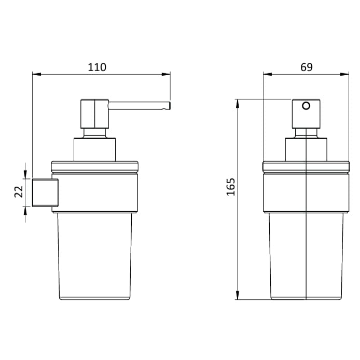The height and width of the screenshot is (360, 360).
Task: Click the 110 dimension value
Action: coord(97,67)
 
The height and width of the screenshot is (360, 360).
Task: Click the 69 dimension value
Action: coord(306,67)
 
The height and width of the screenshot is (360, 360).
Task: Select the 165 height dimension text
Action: coord(231,186)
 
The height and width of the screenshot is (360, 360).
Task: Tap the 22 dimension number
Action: coord(18,192)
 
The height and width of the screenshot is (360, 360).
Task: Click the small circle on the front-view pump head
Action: coord(306,106)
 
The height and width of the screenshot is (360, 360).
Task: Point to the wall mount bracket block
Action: coord(45,192)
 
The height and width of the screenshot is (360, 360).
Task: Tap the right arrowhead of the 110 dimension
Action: coord(167,75)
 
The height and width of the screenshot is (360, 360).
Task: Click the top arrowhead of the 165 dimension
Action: coord(238,103)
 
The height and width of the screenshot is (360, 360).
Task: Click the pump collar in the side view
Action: coord(94,149)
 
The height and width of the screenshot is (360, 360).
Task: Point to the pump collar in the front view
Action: coord(306,149)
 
